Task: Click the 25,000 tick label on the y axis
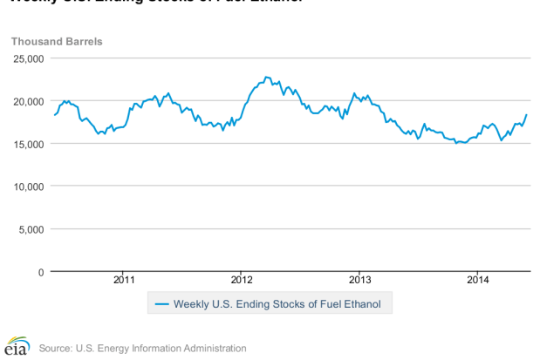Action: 28,58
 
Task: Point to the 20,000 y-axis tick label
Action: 28,101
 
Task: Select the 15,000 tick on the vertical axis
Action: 28,144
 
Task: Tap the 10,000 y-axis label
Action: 28,187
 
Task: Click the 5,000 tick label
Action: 31,229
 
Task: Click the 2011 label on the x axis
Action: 124,280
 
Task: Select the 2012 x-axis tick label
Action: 242,280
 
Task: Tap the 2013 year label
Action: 360,280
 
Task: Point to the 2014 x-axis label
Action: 478,280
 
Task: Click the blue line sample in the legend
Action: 161,304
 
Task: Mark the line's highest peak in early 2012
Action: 267,77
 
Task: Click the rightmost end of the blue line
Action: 526,115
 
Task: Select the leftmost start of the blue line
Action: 54,115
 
